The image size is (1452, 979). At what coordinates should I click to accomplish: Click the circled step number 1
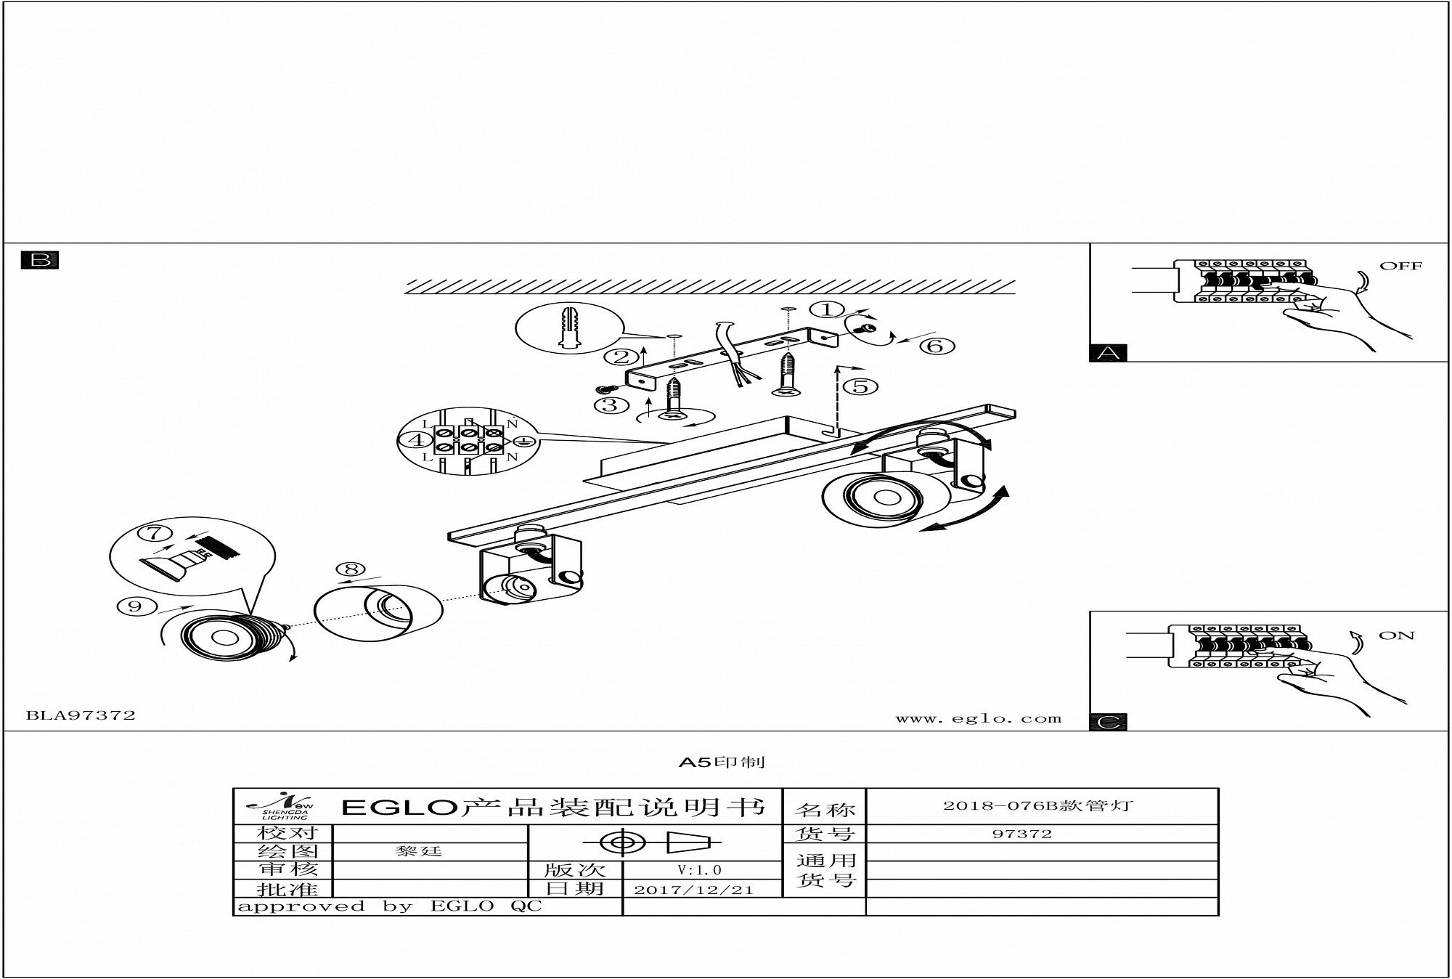click(827, 309)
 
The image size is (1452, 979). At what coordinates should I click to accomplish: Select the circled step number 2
click(621, 357)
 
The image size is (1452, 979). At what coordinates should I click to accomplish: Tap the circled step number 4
click(416, 440)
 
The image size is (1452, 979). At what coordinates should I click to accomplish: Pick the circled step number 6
click(935, 346)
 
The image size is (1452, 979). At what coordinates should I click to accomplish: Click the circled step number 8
click(351, 569)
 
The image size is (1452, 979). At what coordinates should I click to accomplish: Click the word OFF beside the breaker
click(1400, 266)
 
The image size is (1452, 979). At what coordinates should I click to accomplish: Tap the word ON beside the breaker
click(1396, 635)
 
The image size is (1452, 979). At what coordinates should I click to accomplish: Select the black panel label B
click(40, 260)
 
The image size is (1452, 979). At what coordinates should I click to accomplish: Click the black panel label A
click(1108, 353)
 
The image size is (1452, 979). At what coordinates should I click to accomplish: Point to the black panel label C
click(1108, 722)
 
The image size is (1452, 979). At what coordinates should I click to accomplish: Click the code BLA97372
click(81, 715)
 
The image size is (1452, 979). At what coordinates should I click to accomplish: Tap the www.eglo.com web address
click(978, 719)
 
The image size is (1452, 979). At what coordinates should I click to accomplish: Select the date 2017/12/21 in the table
click(693, 890)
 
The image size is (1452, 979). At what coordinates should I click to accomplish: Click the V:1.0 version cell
click(699, 870)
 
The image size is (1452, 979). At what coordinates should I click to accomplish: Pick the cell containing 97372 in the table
click(1021, 834)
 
